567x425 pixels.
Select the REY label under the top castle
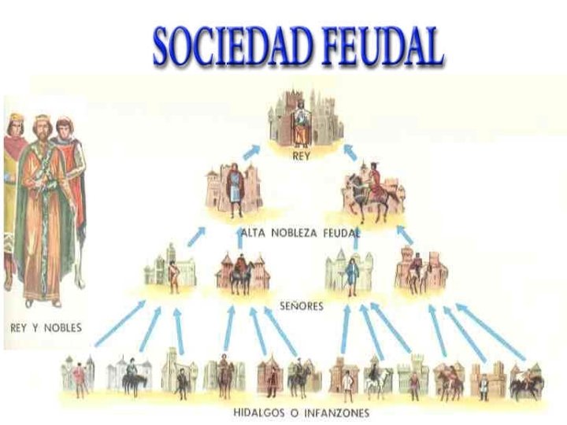tap(300, 156)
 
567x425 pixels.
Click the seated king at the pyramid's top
tap(300, 122)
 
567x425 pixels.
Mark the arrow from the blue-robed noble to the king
tap(253, 151)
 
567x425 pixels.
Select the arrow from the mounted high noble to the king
tap(350, 152)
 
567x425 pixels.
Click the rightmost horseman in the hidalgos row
tap(525, 379)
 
